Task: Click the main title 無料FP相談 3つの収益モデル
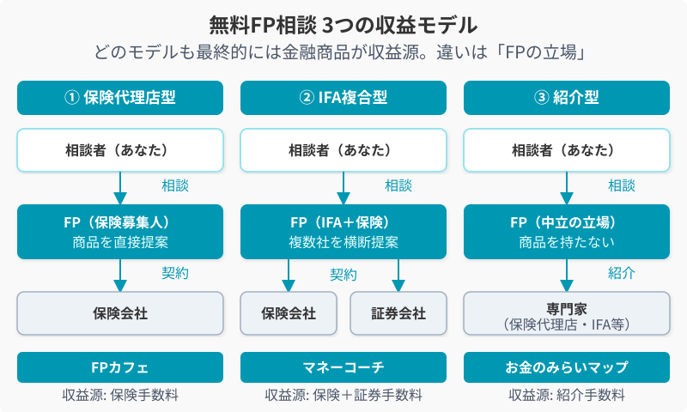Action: (x=343, y=23)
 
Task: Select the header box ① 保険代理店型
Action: (x=120, y=97)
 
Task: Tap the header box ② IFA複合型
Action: (x=343, y=97)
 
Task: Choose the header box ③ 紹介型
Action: (x=567, y=97)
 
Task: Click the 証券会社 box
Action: (x=398, y=313)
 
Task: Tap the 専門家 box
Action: (x=567, y=313)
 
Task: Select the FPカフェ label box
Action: (x=120, y=367)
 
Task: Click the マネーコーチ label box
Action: (x=343, y=367)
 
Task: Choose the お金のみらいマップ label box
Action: (x=567, y=367)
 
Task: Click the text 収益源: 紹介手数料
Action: (x=567, y=395)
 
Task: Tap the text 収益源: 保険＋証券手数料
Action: (x=343, y=395)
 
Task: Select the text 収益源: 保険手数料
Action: (x=120, y=395)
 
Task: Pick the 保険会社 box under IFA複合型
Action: (x=289, y=313)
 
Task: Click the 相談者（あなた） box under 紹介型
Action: (x=567, y=150)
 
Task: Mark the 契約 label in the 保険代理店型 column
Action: (x=175, y=273)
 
